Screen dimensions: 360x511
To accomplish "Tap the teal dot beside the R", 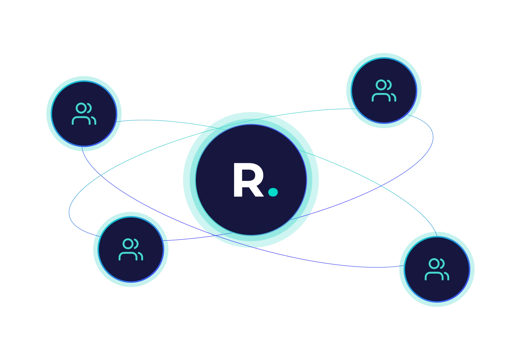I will coord(273,192).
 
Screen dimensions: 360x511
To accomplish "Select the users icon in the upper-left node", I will coord(84,114).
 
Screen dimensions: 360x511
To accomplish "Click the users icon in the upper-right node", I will coord(384,91).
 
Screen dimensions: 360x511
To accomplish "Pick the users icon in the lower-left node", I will coord(131,250).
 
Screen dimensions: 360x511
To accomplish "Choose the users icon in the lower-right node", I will coord(437,270).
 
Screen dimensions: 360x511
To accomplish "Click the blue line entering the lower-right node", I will coord(363,267).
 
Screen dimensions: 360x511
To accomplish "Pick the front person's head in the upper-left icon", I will coord(81,108).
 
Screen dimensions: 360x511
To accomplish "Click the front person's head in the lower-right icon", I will coord(434,264).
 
